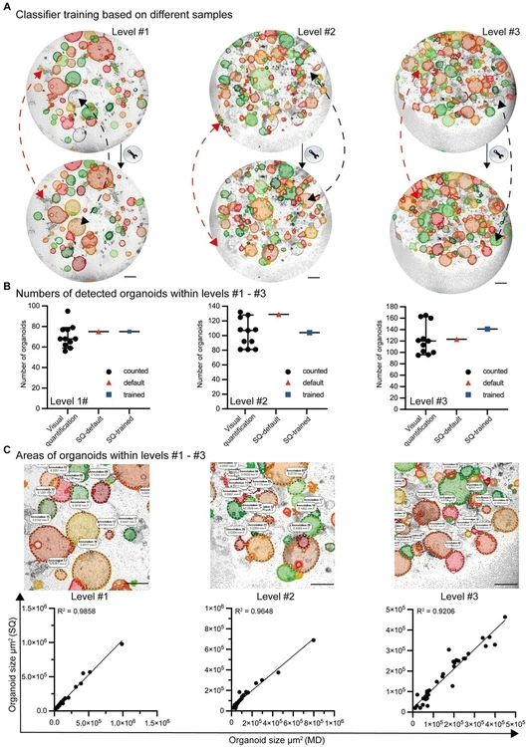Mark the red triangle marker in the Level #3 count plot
(458, 340)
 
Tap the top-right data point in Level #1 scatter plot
(123, 642)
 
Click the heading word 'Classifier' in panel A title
(43, 17)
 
